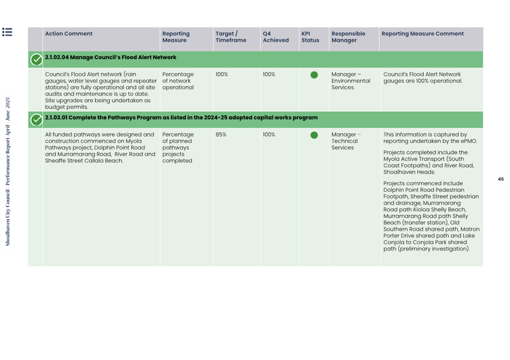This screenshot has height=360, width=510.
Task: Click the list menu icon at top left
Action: click(x=7, y=32)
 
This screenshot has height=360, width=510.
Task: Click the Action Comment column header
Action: click(x=69, y=34)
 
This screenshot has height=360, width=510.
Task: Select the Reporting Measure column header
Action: click(x=176, y=37)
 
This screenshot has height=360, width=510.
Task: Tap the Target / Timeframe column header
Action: click(x=231, y=37)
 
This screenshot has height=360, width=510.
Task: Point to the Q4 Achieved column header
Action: click(x=275, y=37)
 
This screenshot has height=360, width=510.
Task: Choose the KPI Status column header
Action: click(x=310, y=37)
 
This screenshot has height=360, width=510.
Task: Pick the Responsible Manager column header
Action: click(x=348, y=37)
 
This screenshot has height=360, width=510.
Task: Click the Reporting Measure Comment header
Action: click(x=422, y=34)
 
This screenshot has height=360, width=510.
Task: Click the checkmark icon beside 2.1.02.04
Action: click(x=36, y=59)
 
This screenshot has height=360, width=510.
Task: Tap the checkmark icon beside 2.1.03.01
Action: click(x=36, y=119)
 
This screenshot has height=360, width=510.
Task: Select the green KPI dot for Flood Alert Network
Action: click(x=314, y=75)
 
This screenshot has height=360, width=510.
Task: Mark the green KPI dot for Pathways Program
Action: click(x=314, y=135)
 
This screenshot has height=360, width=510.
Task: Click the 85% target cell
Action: click(x=221, y=135)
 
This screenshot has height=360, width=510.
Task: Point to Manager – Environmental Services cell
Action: click(x=351, y=81)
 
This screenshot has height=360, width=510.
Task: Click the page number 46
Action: click(x=500, y=179)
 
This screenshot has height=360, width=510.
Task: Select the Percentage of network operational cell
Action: click(x=178, y=81)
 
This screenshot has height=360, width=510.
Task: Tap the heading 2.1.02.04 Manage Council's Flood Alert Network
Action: click(x=111, y=57)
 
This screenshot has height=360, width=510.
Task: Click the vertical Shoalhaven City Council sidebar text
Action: click(x=7, y=171)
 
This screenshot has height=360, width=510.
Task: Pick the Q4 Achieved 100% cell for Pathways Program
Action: click(x=269, y=135)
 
